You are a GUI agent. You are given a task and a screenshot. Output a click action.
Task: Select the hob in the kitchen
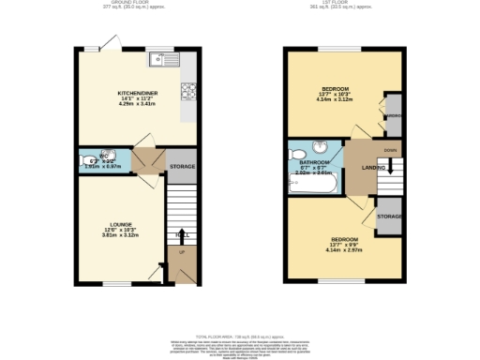[x=187, y=91]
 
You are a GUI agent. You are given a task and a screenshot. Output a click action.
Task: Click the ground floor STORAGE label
[x=182, y=166]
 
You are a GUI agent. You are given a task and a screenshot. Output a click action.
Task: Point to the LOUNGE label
[x=120, y=225]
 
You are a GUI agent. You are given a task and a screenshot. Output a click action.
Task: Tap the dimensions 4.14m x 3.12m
[x=334, y=98]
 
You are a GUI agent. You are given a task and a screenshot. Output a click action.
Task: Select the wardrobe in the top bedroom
[x=394, y=118]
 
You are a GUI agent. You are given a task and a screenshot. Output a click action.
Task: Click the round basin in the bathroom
[x=320, y=147]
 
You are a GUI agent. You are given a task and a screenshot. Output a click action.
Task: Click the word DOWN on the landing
[x=389, y=148]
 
